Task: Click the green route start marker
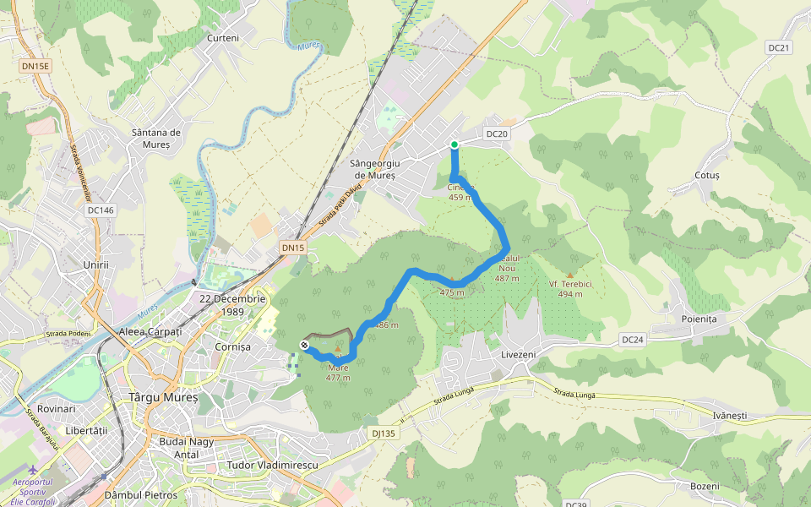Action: point(454,144)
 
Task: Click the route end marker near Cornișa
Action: point(304,344)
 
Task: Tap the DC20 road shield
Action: point(498,134)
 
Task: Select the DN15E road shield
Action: point(35,65)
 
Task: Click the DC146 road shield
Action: point(100,210)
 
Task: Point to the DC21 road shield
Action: point(778,48)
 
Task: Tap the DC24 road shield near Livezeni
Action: point(632,339)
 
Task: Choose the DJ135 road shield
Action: point(383,433)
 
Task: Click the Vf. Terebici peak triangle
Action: point(569,275)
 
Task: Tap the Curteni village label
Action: point(223,38)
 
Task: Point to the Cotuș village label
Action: point(706,175)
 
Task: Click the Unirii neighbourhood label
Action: point(96,264)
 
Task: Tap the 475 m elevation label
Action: point(452,292)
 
